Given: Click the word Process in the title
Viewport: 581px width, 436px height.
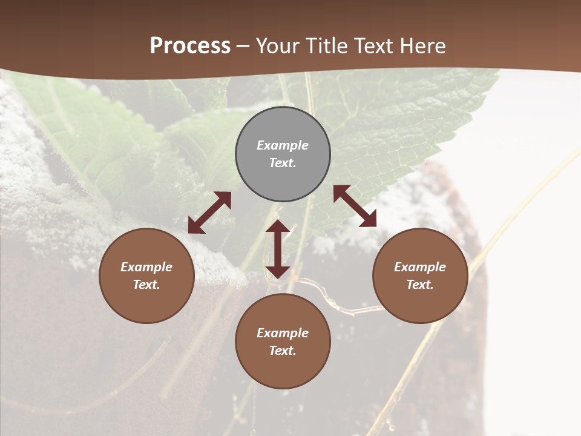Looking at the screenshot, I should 190,46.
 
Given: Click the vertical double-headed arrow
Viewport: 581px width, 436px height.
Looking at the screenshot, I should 278,249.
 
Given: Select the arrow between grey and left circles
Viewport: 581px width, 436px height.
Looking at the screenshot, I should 209,213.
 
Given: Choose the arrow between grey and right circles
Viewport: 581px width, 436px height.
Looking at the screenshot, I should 355,206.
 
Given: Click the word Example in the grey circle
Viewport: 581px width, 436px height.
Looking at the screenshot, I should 283,145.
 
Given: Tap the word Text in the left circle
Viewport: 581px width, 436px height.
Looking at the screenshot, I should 146,285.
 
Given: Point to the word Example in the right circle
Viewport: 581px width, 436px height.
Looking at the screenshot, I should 420,267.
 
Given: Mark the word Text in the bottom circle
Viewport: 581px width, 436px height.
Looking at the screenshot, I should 283,351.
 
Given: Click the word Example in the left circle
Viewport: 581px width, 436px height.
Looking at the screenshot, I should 146,267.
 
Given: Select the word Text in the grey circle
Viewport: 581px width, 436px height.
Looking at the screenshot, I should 283,163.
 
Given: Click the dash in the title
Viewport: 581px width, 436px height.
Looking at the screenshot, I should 243,46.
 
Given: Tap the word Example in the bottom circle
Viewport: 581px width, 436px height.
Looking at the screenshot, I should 283,333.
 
